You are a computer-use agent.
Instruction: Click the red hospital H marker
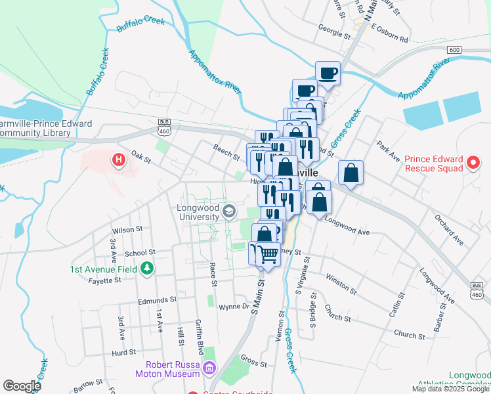tap(119, 160)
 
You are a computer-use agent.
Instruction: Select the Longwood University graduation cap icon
tap(229, 211)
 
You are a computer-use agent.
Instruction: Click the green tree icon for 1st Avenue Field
tap(148, 268)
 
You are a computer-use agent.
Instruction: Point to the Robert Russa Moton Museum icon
tap(209, 368)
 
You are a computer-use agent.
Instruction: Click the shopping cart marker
tap(267, 253)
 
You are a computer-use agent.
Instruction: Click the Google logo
tap(22, 385)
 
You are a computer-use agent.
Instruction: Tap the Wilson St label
tap(127, 230)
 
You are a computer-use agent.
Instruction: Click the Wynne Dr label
tap(234, 307)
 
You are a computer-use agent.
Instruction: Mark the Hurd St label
tap(123, 352)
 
